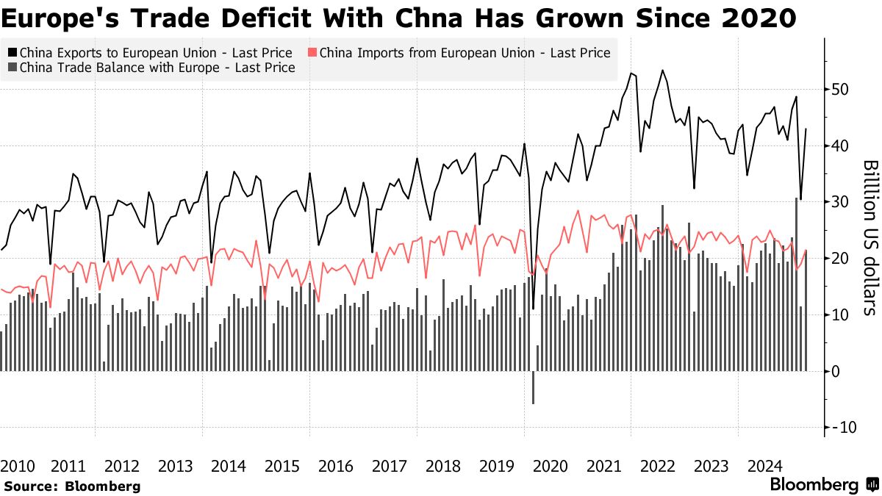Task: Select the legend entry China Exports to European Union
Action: pos(155,53)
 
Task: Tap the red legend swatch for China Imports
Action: pos(312,53)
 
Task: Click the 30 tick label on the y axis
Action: pos(839,202)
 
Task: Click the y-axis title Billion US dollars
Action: pos(870,237)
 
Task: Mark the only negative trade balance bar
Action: pos(533,387)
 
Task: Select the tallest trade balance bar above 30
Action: pos(797,284)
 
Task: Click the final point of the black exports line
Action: pos(806,129)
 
